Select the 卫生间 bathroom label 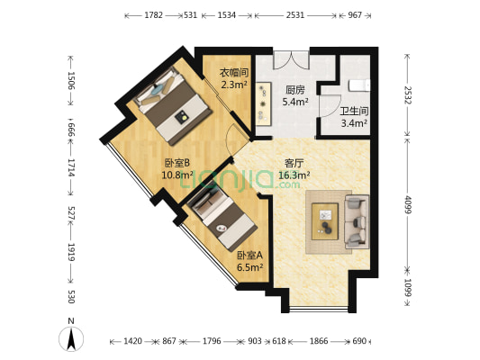coord(353,112)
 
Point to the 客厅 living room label coord(295,163)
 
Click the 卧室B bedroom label coord(177,163)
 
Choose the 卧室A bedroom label coord(249,255)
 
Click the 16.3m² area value coord(295,175)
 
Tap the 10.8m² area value coord(177,175)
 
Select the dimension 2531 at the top coord(295,15)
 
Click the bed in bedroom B coord(168,102)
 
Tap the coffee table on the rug coord(325,219)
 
